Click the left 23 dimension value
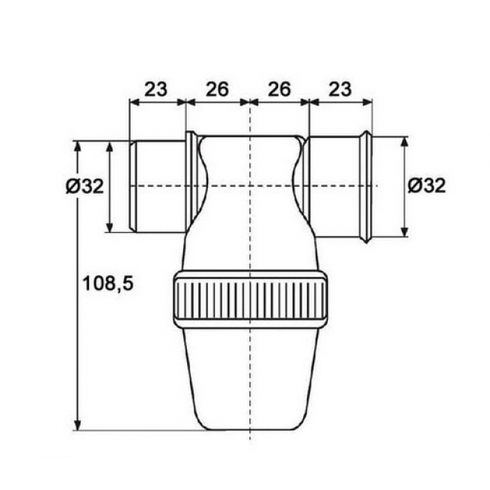coord(156,90)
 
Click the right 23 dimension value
coord(340,90)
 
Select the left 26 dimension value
coord(217,90)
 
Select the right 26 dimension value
coord(279,90)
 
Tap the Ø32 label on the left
coord(84,187)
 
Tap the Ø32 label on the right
coord(426,185)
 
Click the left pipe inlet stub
coord(157,185)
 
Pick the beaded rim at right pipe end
coord(366,185)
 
